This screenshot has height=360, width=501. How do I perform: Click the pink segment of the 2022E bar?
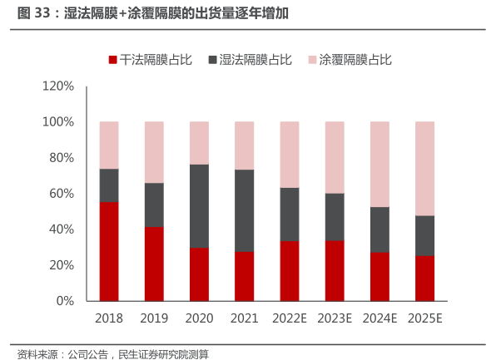[289, 155]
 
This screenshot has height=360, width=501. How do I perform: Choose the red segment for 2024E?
[379, 276]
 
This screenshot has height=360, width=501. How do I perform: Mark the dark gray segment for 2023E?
[334, 217]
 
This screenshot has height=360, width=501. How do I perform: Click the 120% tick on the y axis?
[57, 86]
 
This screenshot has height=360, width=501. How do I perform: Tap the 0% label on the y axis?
[65, 301]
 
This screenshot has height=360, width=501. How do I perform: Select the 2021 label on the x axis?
[244, 318]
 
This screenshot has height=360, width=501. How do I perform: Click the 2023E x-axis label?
[334, 318]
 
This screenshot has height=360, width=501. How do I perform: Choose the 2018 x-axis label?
[109, 318]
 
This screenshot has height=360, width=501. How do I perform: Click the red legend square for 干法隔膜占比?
[112, 60]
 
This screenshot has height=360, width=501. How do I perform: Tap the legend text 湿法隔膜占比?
[255, 60]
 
